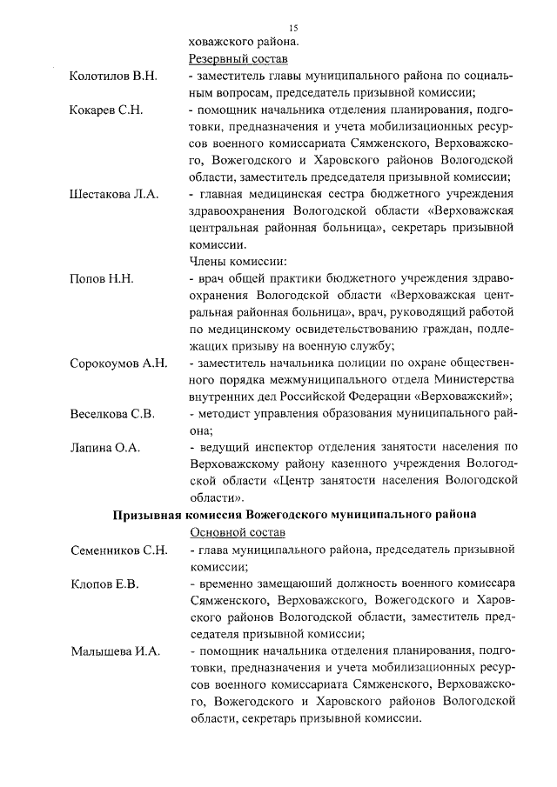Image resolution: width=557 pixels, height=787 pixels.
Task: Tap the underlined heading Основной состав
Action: [237, 531]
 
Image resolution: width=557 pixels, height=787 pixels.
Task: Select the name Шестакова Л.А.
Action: [113, 195]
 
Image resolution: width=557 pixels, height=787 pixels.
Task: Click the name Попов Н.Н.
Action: [101, 279]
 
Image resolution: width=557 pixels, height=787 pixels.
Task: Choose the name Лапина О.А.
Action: [104, 448]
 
